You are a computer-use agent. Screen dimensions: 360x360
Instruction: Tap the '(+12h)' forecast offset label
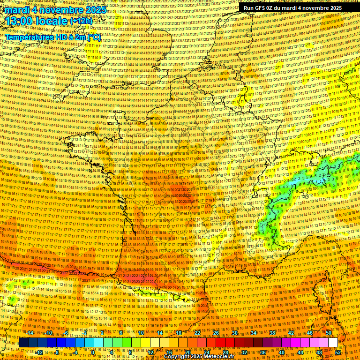click(82, 21)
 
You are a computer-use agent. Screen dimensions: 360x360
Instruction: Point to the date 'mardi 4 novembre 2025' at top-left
click(54, 9)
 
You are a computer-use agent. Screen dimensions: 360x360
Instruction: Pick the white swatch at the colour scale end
click(333, 343)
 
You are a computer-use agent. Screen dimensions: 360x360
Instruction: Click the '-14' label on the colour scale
click(30, 333)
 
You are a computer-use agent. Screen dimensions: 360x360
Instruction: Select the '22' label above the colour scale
click(197, 333)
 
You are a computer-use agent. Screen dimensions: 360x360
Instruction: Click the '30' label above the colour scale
click(235, 333)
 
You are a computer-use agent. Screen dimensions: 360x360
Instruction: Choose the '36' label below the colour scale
click(263, 352)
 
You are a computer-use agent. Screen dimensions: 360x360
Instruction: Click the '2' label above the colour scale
click(102, 333)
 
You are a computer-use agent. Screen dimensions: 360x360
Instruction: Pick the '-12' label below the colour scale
click(40, 352)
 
